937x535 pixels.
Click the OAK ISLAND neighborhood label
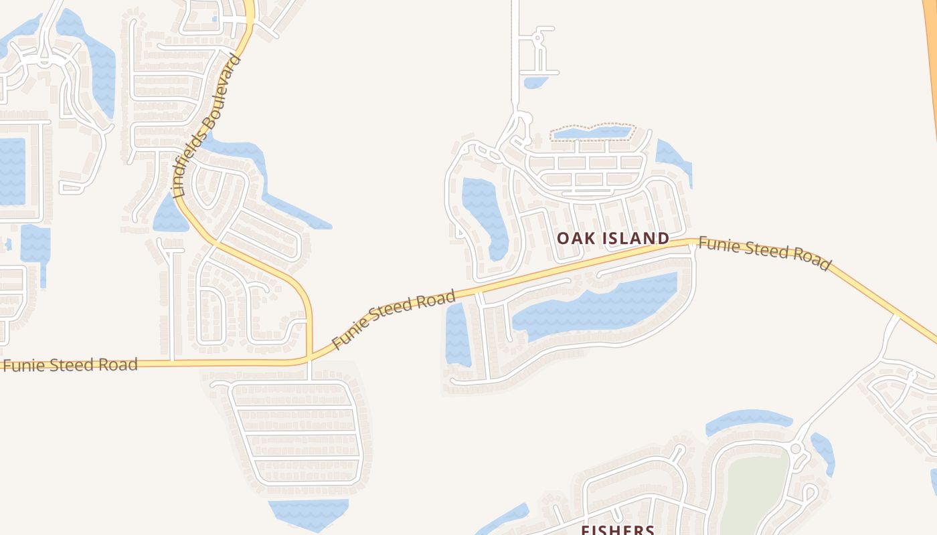tap(612, 238)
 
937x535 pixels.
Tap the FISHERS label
tap(617, 530)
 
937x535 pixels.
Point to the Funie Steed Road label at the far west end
tap(70, 365)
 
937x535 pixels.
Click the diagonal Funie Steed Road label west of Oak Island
tap(394, 319)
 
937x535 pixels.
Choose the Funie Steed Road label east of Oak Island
tap(764, 252)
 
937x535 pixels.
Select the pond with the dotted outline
tap(592, 132)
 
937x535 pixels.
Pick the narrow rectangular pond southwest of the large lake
tap(458, 334)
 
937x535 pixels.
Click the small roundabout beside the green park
tap(796, 449)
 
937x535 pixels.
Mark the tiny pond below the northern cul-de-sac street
tap(535, 82)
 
